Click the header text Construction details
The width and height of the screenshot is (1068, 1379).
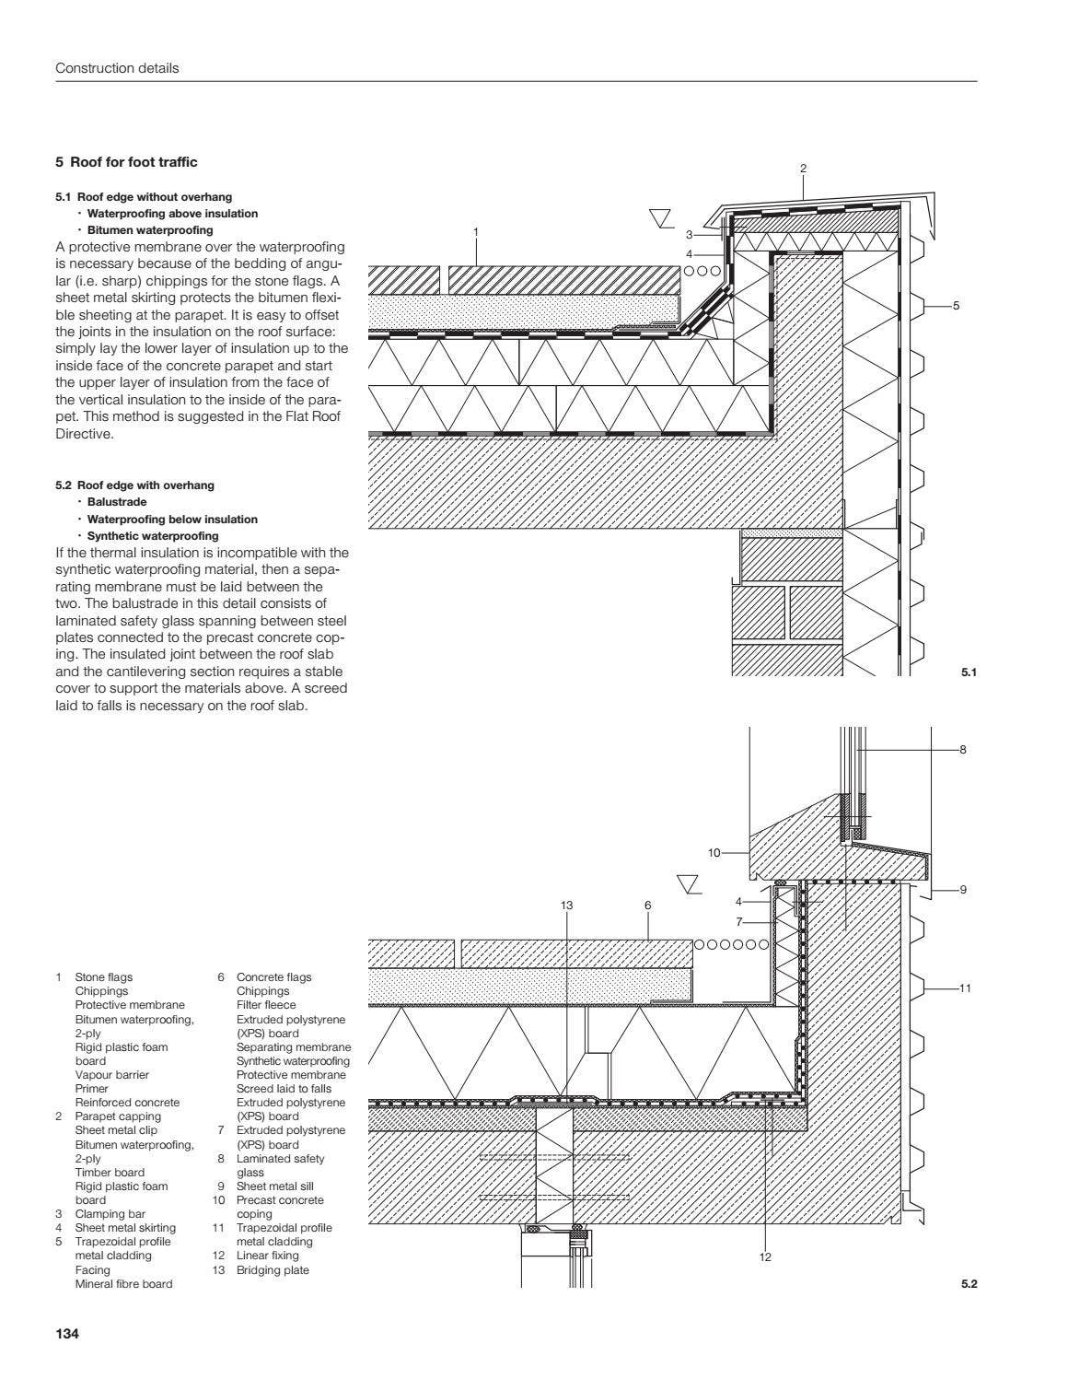[117, 68]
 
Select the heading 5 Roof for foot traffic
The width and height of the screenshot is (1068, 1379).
[126, 162]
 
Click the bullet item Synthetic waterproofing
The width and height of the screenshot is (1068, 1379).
[152, 535]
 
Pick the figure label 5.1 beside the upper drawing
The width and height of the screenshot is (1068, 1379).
[968, 672]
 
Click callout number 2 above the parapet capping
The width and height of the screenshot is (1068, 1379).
[803, 169]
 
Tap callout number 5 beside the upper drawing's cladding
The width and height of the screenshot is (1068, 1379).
[956, 305]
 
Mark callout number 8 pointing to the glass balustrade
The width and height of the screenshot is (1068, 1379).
[963, 750]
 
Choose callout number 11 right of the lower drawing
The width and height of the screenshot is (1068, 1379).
[964, 988]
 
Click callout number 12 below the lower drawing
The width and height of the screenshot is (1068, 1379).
[765, 1256]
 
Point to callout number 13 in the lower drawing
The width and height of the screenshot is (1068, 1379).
[566, 906]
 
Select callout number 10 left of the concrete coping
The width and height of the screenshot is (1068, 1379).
[714, 853]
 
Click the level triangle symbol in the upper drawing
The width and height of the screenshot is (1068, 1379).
[660, 217]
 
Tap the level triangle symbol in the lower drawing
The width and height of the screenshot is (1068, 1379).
[688, 884]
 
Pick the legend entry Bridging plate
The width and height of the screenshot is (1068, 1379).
[273, 1270]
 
